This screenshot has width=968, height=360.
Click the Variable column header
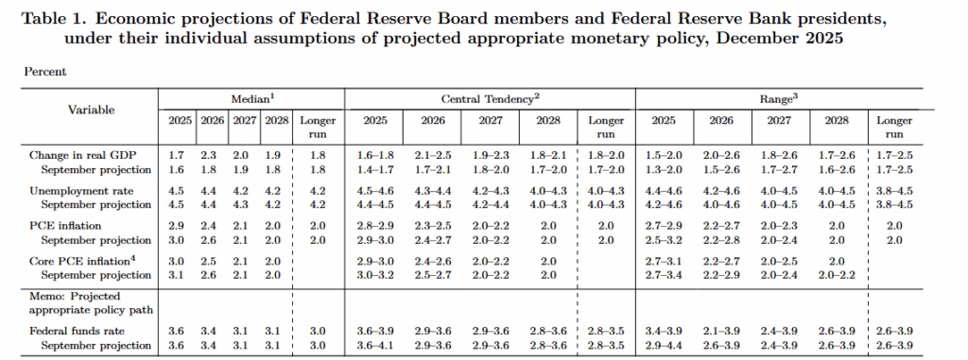91,110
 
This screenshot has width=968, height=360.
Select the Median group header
251,98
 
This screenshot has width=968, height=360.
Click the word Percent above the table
39,71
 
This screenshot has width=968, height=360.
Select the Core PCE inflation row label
73,260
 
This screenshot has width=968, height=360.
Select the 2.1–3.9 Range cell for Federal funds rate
722,331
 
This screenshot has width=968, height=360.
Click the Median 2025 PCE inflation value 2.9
176,224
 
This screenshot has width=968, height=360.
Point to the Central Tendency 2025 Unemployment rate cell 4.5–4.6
373,189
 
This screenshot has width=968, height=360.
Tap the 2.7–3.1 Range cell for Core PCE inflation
664,260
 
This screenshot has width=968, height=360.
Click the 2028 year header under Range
838,121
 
